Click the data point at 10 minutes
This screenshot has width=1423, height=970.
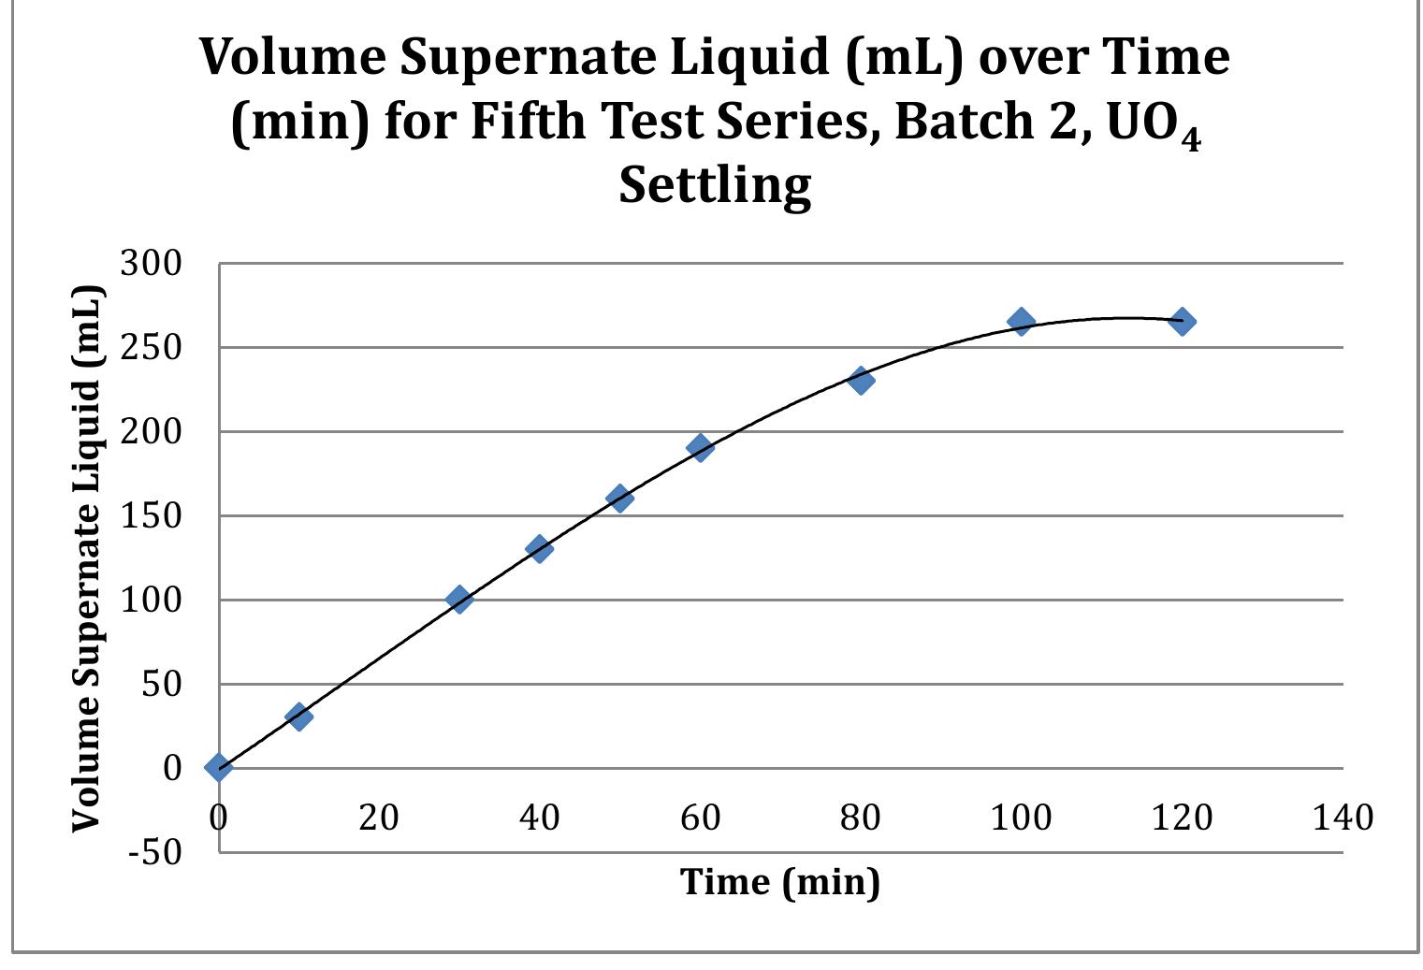pyautogui.click(x=298, y=717)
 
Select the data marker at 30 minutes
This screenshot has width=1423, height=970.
pyautogui.click(x=458, y=599)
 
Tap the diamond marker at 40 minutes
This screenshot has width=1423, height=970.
pyautogui.click(x=539, y=548)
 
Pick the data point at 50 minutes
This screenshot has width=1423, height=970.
pyautogui.click(x=619, y=498)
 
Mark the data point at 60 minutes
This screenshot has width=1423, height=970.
pyautogui.click(x=700, y=447)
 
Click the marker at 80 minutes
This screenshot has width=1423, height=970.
pyautogui.click(x=861, y=380)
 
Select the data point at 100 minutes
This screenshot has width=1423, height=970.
pyautogui.click(x=1021, y=322)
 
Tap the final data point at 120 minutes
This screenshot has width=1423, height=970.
pyautogui.click(x=1182, y=322)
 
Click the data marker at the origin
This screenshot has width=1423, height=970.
pyautogui.click(x=219, y=768)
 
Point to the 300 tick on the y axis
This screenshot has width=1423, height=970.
pyautogui.click(x=151, y=264)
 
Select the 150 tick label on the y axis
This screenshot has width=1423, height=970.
pyautogui.click(x=151, y=515)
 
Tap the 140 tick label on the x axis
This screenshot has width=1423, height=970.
pyautogui.click(x=1343, y=818)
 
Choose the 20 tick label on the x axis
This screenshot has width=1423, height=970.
pyautogui.click(x=379, y=818)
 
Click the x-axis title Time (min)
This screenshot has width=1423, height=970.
pyautogui.click(x=780, y=881)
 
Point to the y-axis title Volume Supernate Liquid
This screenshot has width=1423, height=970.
pyautogui.click(x=86, y=559)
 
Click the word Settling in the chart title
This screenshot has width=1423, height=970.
pyautogui.click(x=715, y=184)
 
